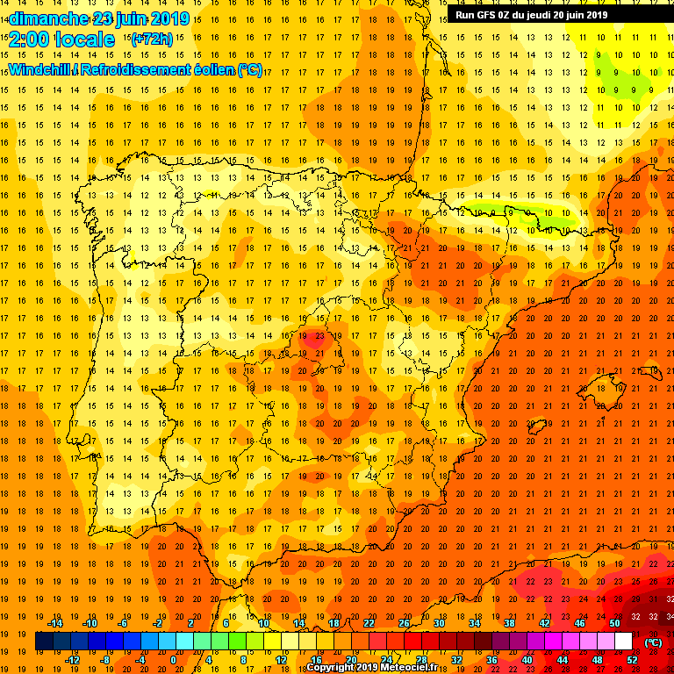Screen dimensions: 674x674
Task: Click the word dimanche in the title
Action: pyautogui.click(x=47, y=18)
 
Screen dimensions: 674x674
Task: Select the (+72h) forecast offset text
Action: pyautogui.click(x=152, y=39)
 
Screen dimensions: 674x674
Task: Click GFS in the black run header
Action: pyautogui.click(x=491, y=15)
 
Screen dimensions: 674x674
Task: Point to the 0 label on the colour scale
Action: pyautogui.click(x=172, y=659)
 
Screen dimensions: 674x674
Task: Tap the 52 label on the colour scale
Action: pyautogui.click(x=633, y=659)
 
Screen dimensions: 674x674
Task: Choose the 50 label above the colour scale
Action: pyautogui.click(x=614, y=623)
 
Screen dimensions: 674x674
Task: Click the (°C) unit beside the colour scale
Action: pyautogui.click(x=653, y=642)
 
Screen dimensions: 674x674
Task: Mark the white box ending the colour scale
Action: pyautogui.click(x=624, y=642)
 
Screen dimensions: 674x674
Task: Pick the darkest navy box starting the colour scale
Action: pyautogui.click(x=44, y=642)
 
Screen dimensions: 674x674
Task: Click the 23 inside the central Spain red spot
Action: pyautogui.click(x=319, y=335)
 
